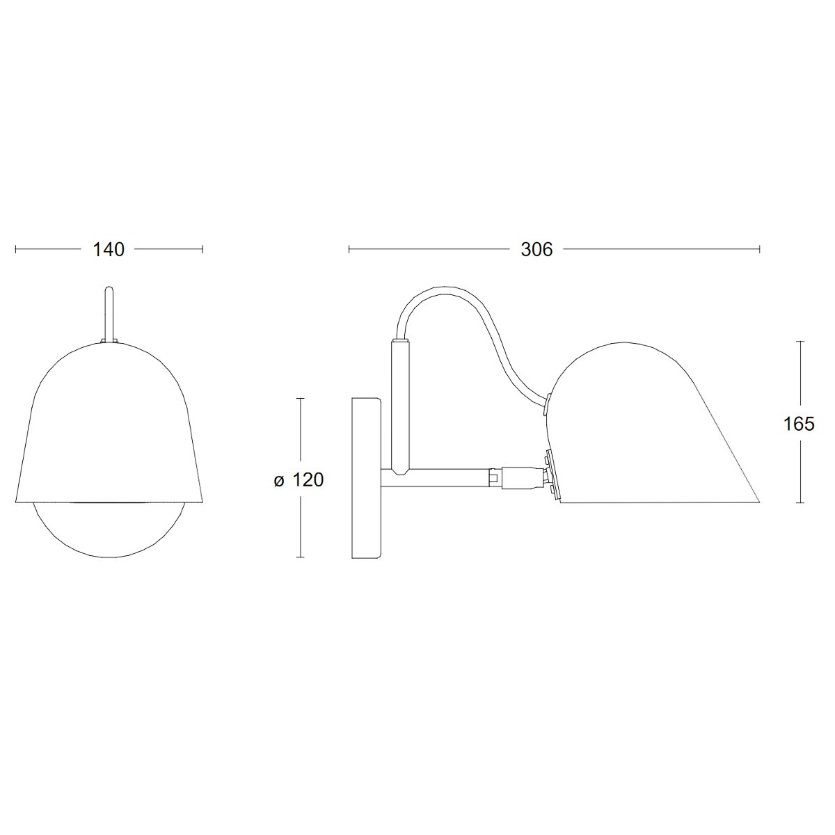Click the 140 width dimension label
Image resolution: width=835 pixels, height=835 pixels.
109,250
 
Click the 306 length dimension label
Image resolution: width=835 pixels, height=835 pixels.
536,250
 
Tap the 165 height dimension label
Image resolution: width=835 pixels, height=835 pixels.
799,424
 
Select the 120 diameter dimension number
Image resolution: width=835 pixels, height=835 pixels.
308,479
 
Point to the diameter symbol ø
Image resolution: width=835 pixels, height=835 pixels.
279,481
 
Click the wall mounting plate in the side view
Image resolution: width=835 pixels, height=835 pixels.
367,477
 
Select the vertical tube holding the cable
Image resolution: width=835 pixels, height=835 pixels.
400,406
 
